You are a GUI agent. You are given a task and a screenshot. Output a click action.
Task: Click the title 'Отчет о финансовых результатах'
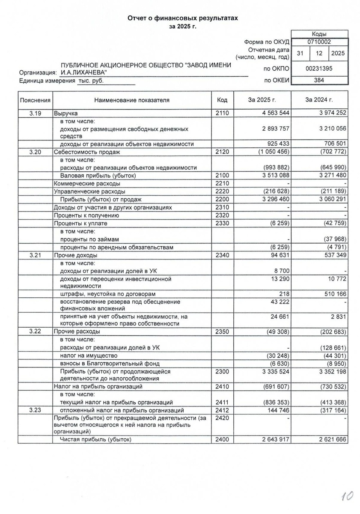pyautogui.click(x=182, y=18)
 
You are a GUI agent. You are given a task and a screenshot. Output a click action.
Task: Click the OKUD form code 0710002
pyautogui.click(x=319, y=42)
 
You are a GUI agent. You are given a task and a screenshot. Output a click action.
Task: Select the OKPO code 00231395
pyautogui.click(x=319, y=69)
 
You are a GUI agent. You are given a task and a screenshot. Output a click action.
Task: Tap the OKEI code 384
pyautogui.click(x=319, y=80)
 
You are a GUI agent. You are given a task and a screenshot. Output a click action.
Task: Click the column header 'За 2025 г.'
pyautogui.click(x=262, y=100)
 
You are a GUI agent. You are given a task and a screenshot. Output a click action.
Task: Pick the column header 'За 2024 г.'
pyautogui.click(x=319, y=100)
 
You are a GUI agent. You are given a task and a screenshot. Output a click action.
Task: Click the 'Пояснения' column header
pyautogui.click(x=35, y=100)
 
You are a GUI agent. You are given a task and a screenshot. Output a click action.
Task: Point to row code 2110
pyautogui.click(x=223, y=114)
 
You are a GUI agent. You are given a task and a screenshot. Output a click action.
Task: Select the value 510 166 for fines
pyautogui.click(x=331, y=294)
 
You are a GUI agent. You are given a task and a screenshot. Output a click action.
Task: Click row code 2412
pyautogui.click(x=223, y=410)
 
